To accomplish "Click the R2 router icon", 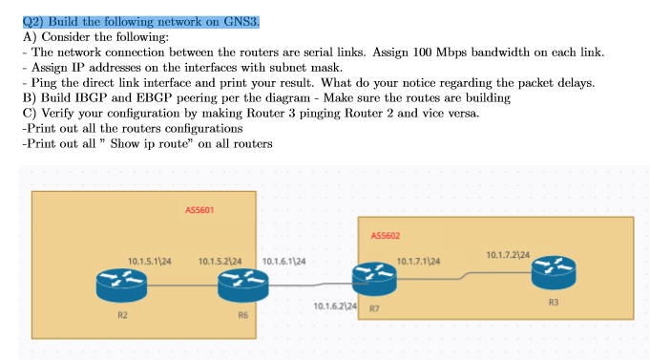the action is tap(122, 283).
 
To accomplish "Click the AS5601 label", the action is tap(199, 209).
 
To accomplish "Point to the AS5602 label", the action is tap(385, 235).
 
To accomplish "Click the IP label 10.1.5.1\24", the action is tap(148, 261).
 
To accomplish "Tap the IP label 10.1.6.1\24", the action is tap(283, 261).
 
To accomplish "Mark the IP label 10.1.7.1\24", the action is tap(418, 261).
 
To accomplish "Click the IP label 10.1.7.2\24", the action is tap(508, 254).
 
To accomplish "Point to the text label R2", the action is tap(123, 314).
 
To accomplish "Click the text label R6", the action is tap(242, 314).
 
